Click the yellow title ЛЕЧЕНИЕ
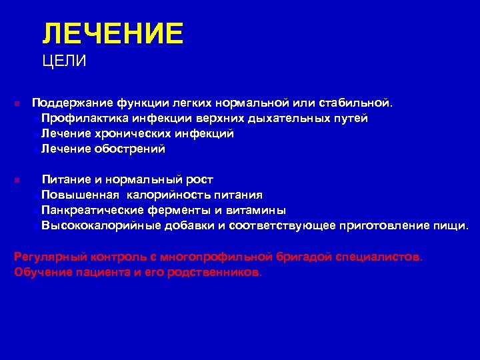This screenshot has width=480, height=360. [x=112, y=33]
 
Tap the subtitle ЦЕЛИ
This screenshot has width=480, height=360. [x=64, y=62]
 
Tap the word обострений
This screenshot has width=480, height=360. [x=132, y=149]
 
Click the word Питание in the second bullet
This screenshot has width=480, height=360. [x=65, y=179]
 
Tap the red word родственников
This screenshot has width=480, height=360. [x=211, y=272]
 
